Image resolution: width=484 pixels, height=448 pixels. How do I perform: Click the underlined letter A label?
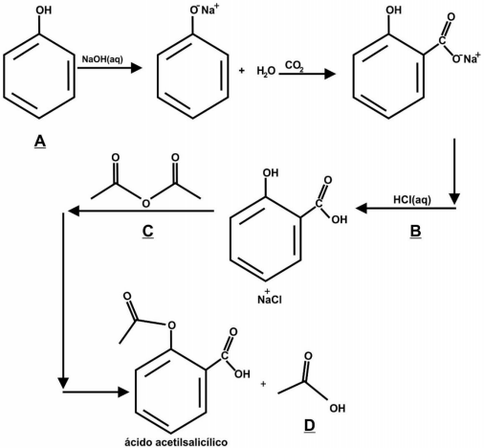[x=40, y=142]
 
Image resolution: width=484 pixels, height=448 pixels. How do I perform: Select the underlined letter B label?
[x=415, y=232]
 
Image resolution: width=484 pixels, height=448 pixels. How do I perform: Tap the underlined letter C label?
[x=147, y=232]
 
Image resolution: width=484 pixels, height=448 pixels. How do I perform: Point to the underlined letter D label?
[x=309, y=426]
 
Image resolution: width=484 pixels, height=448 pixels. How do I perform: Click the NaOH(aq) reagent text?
[x=102, y=59]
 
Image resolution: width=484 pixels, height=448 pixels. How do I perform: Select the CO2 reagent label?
[x=295, y=66]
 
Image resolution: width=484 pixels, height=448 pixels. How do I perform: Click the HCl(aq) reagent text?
[x=412, y=200]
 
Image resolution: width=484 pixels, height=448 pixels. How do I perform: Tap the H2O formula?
[x=266, y=71]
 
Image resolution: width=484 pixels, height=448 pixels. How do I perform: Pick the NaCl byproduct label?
[x=270, y=300]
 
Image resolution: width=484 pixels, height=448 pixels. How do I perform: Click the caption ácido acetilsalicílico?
[x=176, y=442]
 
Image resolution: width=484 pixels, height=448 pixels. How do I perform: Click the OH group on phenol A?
[x=44, y=10]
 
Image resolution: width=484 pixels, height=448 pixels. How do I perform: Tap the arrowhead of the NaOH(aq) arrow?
[x=137, y=68]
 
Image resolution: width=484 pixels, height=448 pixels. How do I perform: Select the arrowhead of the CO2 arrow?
[x=330, y=74]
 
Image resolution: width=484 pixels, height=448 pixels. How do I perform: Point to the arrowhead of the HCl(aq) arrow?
[x=362, y=209]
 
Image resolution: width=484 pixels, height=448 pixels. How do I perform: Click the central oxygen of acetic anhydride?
[x=145, y=203]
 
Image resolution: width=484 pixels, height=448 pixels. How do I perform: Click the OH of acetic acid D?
[x=338, y=408]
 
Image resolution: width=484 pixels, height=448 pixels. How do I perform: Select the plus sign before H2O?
[x=242, y=71]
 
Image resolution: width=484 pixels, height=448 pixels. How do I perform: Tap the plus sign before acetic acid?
[x=263, y=384]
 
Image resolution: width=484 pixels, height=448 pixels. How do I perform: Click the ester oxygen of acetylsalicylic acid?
[x=171, y=325]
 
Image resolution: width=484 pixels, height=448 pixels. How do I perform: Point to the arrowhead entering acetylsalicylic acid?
[x=123, y=392]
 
